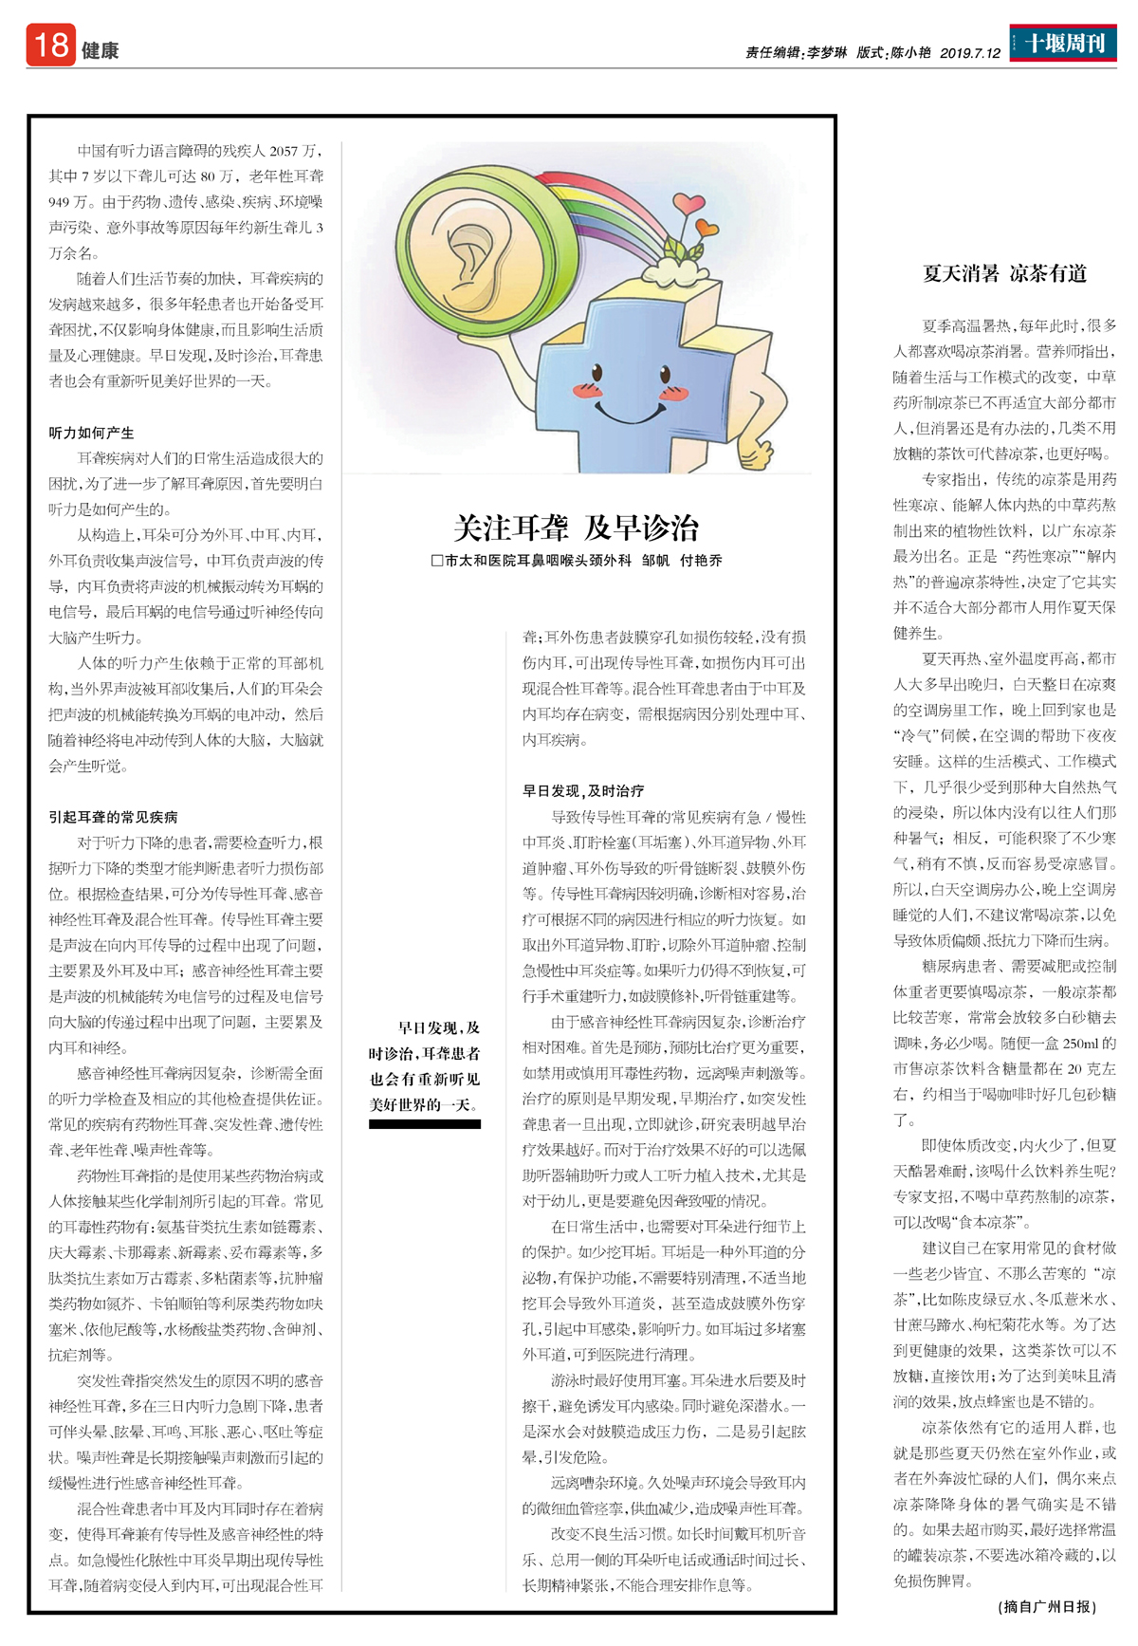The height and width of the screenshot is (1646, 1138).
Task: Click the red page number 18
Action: pyautogui.click(x=50, y=45)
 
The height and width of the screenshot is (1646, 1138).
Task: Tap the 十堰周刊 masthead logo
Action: pyautogui.click(x=1063, y=43)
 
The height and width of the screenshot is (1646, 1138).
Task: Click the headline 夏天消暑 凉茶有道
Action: pyautogui.click(x=1004, y=274)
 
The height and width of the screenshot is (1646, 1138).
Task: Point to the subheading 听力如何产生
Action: pyautogui.click(x=91, y=433)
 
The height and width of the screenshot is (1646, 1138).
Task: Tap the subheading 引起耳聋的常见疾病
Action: pyautogui.click(x=113, y=817)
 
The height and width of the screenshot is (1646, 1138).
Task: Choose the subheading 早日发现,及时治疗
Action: pyautogui.click(x=583, y=790)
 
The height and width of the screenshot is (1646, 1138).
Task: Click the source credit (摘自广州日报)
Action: pyautogui.click(x=1047, y=1606)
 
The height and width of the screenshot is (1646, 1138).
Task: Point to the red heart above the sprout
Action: pyautogui.click(x=687, y=204)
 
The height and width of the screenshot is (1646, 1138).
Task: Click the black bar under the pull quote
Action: pyautogui.click(x=424, y=1124)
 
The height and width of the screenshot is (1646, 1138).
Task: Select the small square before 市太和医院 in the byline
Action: pyautogui.click(x=437, y=561)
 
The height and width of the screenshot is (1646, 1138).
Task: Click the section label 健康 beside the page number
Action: pyautogui.click(x=100, y=51)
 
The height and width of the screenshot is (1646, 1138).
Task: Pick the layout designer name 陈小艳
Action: pyautogui.click(x=910, y=53)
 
